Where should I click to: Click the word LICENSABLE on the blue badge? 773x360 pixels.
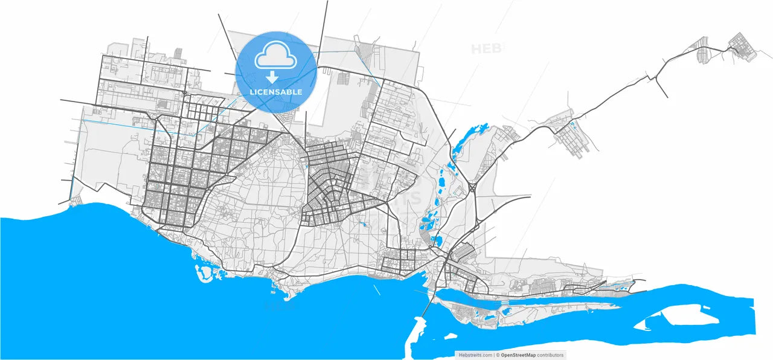(x=275, y=92)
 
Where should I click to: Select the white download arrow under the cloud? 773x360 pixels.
(x=272, y=77)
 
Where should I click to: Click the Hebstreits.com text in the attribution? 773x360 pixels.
(x=475, y=355)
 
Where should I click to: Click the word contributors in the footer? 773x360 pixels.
(x=550, y=355)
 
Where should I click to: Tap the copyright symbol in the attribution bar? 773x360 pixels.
(x=497, y=355)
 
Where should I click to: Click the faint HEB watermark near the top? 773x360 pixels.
(x=487, y=48)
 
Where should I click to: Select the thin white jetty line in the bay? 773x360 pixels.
(x=377, y=289)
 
